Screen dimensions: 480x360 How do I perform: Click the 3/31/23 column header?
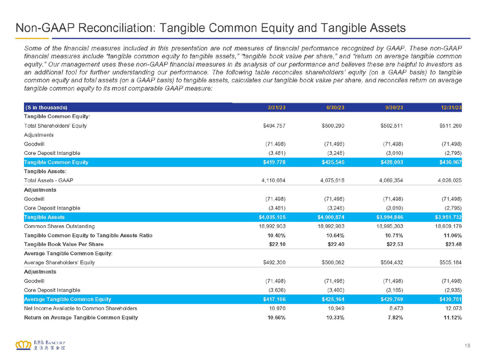pyautogui.click(x=277, y=107)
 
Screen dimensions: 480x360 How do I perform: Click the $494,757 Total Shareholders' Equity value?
pyautogui.click(x=274, y=126)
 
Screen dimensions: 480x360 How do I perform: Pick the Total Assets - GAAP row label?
pyautogui.click(x=49, y=181)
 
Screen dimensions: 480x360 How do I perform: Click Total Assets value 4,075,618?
pyautogui.click(x=332, y=181)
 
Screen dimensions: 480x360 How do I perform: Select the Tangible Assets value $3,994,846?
pyautogui.click(x=389, y=217)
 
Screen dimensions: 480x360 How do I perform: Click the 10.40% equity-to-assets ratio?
pyautogui.click(x=277, y=236)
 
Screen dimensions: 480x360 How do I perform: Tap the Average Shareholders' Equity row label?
pyautogui.click(x=59, y=263)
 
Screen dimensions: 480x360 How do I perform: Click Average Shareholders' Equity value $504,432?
pyautogui.click(x=392, y=263)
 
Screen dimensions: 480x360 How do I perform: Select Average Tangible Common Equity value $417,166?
pyautogui.click(x=274, y=299)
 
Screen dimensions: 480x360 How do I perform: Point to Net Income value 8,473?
pyautogui.click(x=395, y=308)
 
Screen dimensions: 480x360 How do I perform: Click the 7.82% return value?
pyautogui.click(x=395, y=317)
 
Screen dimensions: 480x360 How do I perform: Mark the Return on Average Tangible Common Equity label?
pyautogui.click(x=81, y=317)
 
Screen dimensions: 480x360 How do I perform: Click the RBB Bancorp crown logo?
pyautogui.click(x=23, y=345)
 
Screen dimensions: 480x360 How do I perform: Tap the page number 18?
pyautogui.click(x=467, y=346)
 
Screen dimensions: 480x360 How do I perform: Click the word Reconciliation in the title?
pyautogui.click(x=117, y=28)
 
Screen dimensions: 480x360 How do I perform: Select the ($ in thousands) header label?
pyautogui.click(x=46, y=107)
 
